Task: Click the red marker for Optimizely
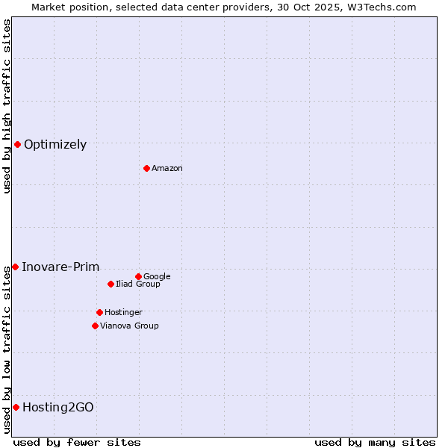pos(17,144)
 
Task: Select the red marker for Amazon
pos(146,168)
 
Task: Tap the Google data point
pos(138,276)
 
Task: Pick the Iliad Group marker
pos(111,284)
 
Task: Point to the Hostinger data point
pos(99,312)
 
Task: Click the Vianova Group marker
pos(95,326)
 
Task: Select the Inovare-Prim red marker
pos(15,267)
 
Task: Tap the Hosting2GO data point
pos(16,407)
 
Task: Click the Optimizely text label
pos(55,145)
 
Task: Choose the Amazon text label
pos(167,169)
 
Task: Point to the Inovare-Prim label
pos(60,267)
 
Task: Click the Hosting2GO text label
pos(58,408)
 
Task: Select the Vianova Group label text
pos(129,326)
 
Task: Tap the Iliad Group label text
pos(138,284)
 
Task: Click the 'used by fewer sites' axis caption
pos(77,442)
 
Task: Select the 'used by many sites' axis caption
pos(375,442)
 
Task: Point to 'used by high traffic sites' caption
pos(7,106)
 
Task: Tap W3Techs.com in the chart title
pos(385,7)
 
